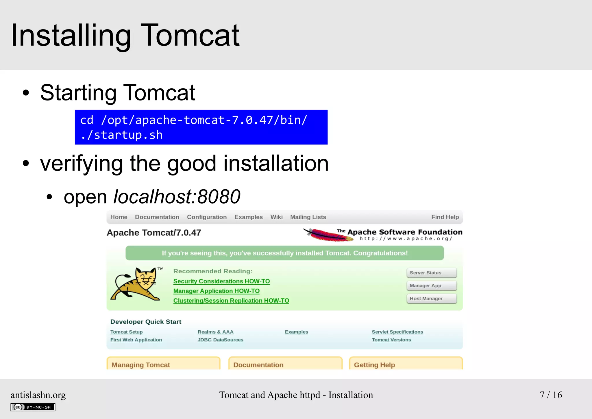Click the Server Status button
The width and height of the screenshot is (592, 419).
431,273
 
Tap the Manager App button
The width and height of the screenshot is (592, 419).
431,286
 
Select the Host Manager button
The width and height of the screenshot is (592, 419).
431,299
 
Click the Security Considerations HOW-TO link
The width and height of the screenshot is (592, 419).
221,281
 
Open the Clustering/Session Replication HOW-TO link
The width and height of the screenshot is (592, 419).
231,301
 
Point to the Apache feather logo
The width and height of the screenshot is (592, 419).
328,235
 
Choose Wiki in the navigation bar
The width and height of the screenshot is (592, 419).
276,217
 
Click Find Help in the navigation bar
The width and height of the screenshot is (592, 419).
445,217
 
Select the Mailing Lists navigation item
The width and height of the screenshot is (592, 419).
308,217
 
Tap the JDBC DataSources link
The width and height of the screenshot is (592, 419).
220,340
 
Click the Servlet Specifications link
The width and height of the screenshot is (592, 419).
397,332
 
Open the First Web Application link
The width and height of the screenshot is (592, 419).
136,340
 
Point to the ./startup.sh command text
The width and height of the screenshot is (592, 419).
121,135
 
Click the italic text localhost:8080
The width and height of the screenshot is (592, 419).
177,197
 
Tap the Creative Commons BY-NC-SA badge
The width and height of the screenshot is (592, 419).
33,407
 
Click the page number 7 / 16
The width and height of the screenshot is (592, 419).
551,395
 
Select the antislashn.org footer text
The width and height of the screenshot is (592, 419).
38,395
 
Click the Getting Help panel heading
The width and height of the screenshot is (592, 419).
374,365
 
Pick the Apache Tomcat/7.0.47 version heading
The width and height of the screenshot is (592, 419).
154,233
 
